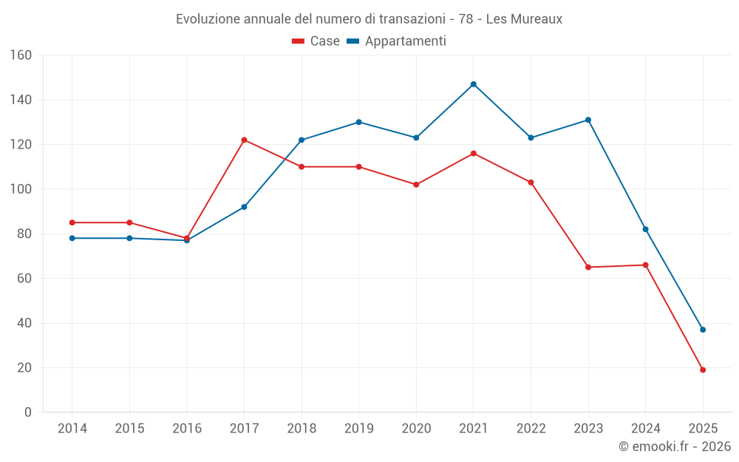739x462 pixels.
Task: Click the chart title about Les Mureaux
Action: coord(369,19)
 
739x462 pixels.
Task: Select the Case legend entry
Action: coord(316,41)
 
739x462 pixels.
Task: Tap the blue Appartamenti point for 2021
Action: coord(474,84)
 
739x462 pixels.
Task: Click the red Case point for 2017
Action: coord(244,140)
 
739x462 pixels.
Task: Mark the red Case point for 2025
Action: coord(703,370)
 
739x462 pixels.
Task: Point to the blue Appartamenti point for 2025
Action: coord(703,330)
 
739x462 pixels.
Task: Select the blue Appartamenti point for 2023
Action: coord(588,120)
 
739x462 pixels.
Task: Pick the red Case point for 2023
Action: coord(588,267)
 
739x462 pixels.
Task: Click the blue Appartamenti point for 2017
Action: coord(244,207)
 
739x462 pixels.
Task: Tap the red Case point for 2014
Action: coord(72,222)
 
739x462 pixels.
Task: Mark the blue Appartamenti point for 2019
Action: coord(359,122)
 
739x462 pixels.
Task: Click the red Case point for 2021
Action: coord(474,153)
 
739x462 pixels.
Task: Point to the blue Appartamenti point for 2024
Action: coord(646,229)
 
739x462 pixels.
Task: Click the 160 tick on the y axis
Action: coord(21,55)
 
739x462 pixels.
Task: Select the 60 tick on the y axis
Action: coord(24,279)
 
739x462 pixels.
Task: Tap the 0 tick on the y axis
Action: coord(28,412)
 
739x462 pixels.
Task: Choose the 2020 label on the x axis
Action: coord(416,429)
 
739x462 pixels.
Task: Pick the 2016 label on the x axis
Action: coord(187,429)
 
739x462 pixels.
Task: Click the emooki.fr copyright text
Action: coord(675,446)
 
